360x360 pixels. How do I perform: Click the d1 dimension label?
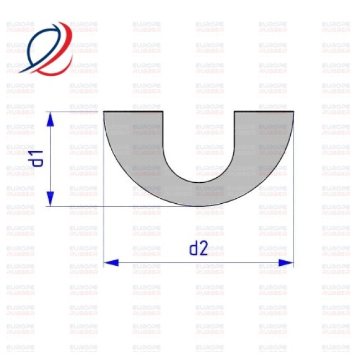coord(35,158)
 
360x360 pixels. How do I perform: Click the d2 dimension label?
coord(199,249)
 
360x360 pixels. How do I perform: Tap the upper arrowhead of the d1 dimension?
coord(50,120)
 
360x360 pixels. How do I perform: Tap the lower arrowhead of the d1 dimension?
coord(50,199)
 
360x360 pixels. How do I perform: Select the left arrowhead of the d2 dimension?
coord(111,263)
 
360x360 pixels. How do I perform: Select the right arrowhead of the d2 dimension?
coord(286,263)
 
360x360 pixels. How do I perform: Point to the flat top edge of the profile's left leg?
coord(133,111)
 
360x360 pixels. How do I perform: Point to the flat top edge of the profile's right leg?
coord(264,111)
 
